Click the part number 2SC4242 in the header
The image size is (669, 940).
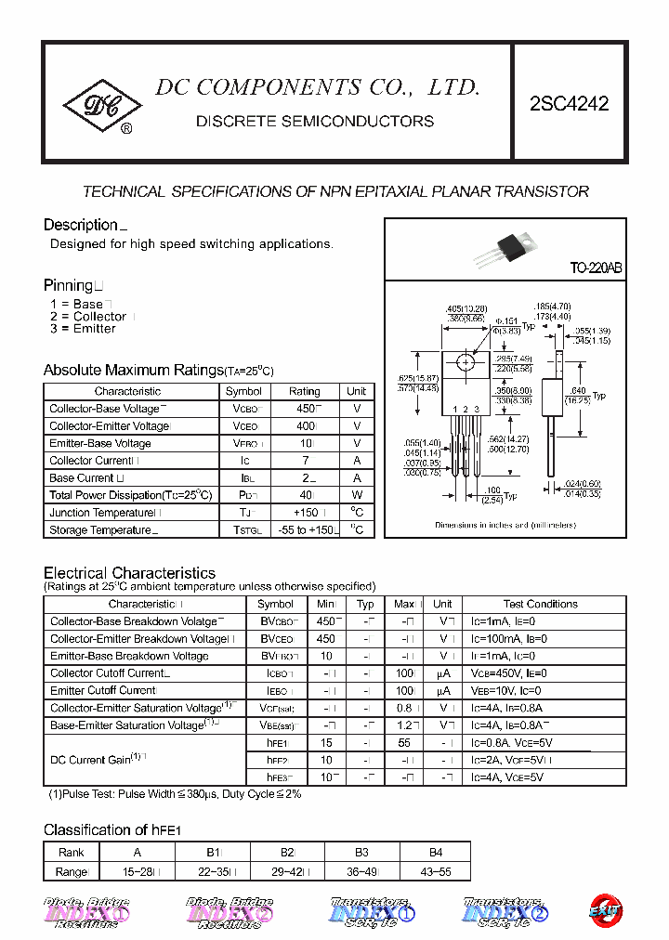(x=569, y=104)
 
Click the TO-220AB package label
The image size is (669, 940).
(x=596, y=268)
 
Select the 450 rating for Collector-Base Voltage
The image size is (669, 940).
(x=304, y=409)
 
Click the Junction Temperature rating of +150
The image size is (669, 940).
(x=304, y=513)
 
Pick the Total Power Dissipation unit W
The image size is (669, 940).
(x=357, y=495)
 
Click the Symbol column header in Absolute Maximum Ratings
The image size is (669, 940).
(x=243, y=392)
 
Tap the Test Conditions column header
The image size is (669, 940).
(x=541, y=604)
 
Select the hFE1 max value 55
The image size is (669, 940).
(x=404, y=743)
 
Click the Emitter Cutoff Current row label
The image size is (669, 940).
(x=103, y=691)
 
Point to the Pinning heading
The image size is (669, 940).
(x=69, y=285)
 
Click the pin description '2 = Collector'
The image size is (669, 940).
(x=88, y=317)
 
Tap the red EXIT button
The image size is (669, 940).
(x=605, y=910)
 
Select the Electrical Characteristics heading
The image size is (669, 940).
(x=129, y=573)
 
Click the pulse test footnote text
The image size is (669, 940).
(x=175, y=794)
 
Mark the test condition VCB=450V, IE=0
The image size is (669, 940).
(x=513, y=673)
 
